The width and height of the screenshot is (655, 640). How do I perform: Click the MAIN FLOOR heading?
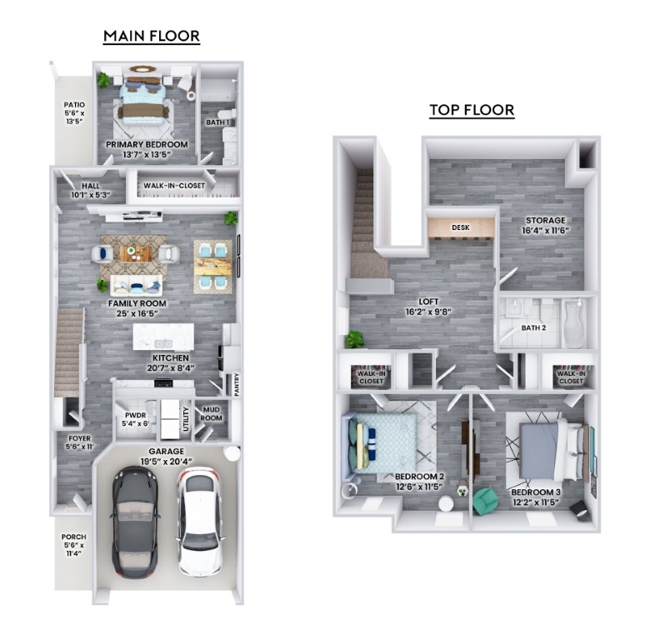[x=152, y=36]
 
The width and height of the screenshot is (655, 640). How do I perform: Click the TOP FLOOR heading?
[x=472, y=110]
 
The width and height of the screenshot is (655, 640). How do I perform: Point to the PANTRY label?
[x=237, y=385]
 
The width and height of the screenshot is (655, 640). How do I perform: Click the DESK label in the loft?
[x=460, y=227]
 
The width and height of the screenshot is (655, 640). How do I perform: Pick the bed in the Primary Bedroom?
[x=142, y=101]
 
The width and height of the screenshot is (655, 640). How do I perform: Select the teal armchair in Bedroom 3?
[x=485, y=500]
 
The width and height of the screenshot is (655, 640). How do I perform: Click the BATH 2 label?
[x=533, y=328]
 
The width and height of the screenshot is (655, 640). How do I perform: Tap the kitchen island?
[x=163, y=337]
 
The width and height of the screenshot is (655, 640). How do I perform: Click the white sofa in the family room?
[x=136, y=285]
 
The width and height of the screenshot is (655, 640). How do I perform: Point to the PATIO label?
[x=74, y=112]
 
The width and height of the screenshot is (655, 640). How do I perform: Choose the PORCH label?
[x=74, y=545]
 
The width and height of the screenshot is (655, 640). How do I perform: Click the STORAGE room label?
[x=546, y=225]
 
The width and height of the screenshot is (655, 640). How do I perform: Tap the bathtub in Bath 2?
[x=574, y=323]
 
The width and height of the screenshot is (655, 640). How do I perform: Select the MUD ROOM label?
[x=212, y=413]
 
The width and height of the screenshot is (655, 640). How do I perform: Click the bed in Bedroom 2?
[x=379, y=442]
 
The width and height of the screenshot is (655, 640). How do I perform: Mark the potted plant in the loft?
[x=355, y=339]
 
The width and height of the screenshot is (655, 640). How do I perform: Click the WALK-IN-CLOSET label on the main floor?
[x=174, y=186]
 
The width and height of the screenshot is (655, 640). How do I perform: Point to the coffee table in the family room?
[x=136, y=253]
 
